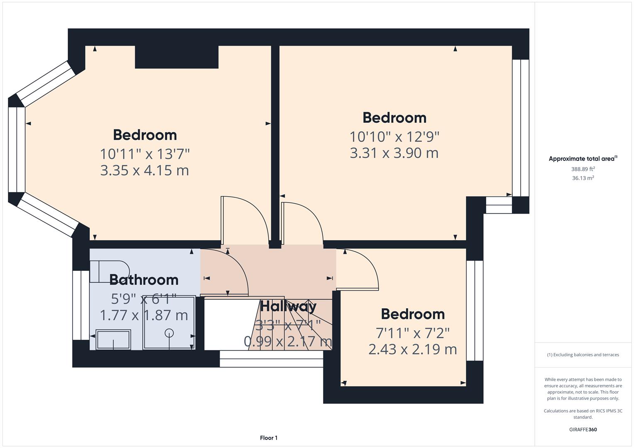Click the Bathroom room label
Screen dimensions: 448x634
pyautogui.click(x=144, y=280)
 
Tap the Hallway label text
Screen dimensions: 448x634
pyautogui.click(x=288, y=307)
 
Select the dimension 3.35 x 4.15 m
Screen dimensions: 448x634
pyautogui.click(x=144, y=170)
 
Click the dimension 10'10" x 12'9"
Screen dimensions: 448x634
pyautogui.click(x=394, y=136)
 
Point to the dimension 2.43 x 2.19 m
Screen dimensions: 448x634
pyautogui.click(x=412, y=349)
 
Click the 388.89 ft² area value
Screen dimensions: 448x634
pyautogui.click(x=583, y=169)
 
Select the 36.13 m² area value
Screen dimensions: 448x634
pyautogui.click(x=583, y=178)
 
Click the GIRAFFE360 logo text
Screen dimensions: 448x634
pyautogui.click(x=583, y=429)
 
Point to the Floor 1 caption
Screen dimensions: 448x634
pyautogui.click(x=269, y=438)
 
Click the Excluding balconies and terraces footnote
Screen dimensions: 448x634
pyautogui.click(x=583, y=355)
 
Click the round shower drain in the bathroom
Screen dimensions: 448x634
pyautogui.click(x=169, y=333)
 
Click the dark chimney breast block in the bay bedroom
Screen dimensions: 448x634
pyautogui.click(x=176, y=57)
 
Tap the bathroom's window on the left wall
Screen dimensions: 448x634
pyautogui.click(x=81, y=305)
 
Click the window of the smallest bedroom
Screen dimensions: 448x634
pyautogui.click(x=475, y=310)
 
